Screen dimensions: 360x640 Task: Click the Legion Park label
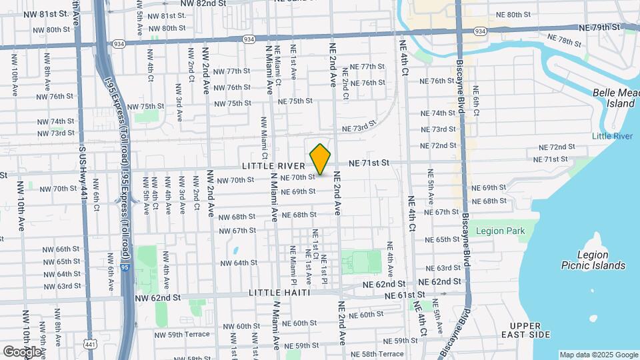coord(500,231)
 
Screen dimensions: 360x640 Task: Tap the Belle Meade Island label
coord(613,98)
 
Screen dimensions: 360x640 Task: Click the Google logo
coord(23,351)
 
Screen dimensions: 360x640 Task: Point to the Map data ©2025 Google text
coord(599,355)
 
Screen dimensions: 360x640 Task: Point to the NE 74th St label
coord(438,114)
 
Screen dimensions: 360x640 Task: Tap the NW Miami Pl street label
coord(292,262)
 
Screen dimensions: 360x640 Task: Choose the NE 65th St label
coord(437,239)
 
